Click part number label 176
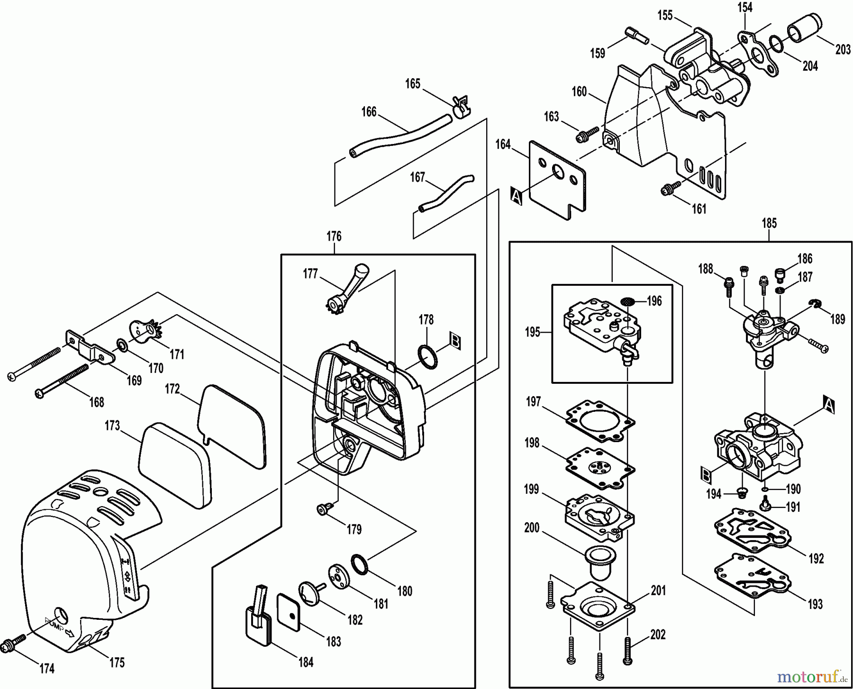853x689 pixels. click(x=334, y=236)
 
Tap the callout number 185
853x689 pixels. click(x=769, y=223)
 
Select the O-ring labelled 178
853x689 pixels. click(x=428, y=356)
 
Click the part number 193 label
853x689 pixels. click(x=816, y=604)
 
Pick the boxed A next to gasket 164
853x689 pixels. click(x=516, y=196)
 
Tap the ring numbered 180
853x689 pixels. click(x=360, y=564)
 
